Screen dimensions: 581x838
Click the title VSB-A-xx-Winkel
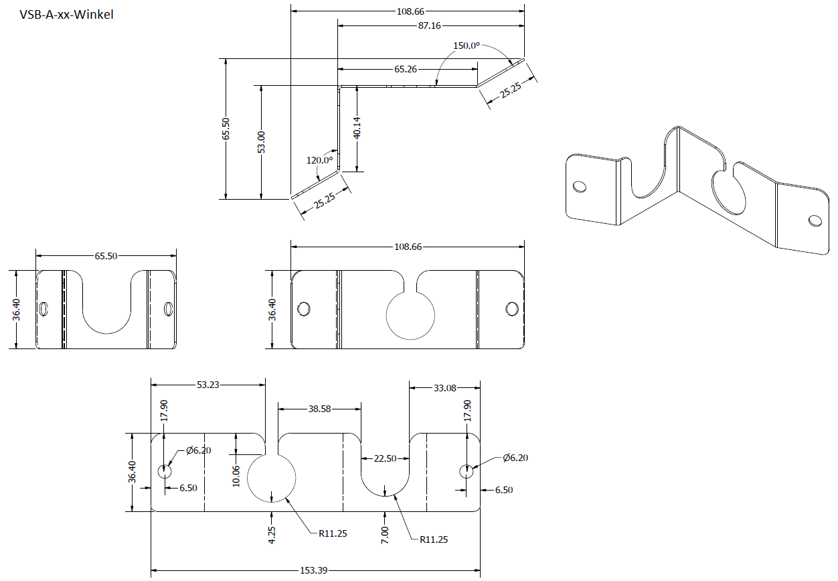click(x=66, y=14)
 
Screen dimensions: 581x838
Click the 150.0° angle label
click(x=467, y=46)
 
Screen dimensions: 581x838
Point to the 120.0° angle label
click(x=319, y=160)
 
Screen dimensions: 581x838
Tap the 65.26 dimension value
click(x=406, y=69)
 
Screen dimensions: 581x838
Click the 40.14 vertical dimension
click(x=357, y=128)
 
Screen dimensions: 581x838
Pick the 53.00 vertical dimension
click(x=261, y=142)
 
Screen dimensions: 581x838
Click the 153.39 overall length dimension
click(x=314, y=570)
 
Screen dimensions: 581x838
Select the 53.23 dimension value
click(x=207, y=385)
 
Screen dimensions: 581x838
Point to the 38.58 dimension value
click(x=319, y=408)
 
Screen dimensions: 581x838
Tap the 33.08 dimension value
click(x=444, y=387)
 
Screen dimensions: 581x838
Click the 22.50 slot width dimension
click(x=385, y=458)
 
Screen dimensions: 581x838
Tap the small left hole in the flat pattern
click(x=164, y=471)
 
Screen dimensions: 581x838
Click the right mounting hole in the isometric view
click(x=815, y=220)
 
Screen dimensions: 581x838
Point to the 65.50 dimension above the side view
click(x=105, y=256)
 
